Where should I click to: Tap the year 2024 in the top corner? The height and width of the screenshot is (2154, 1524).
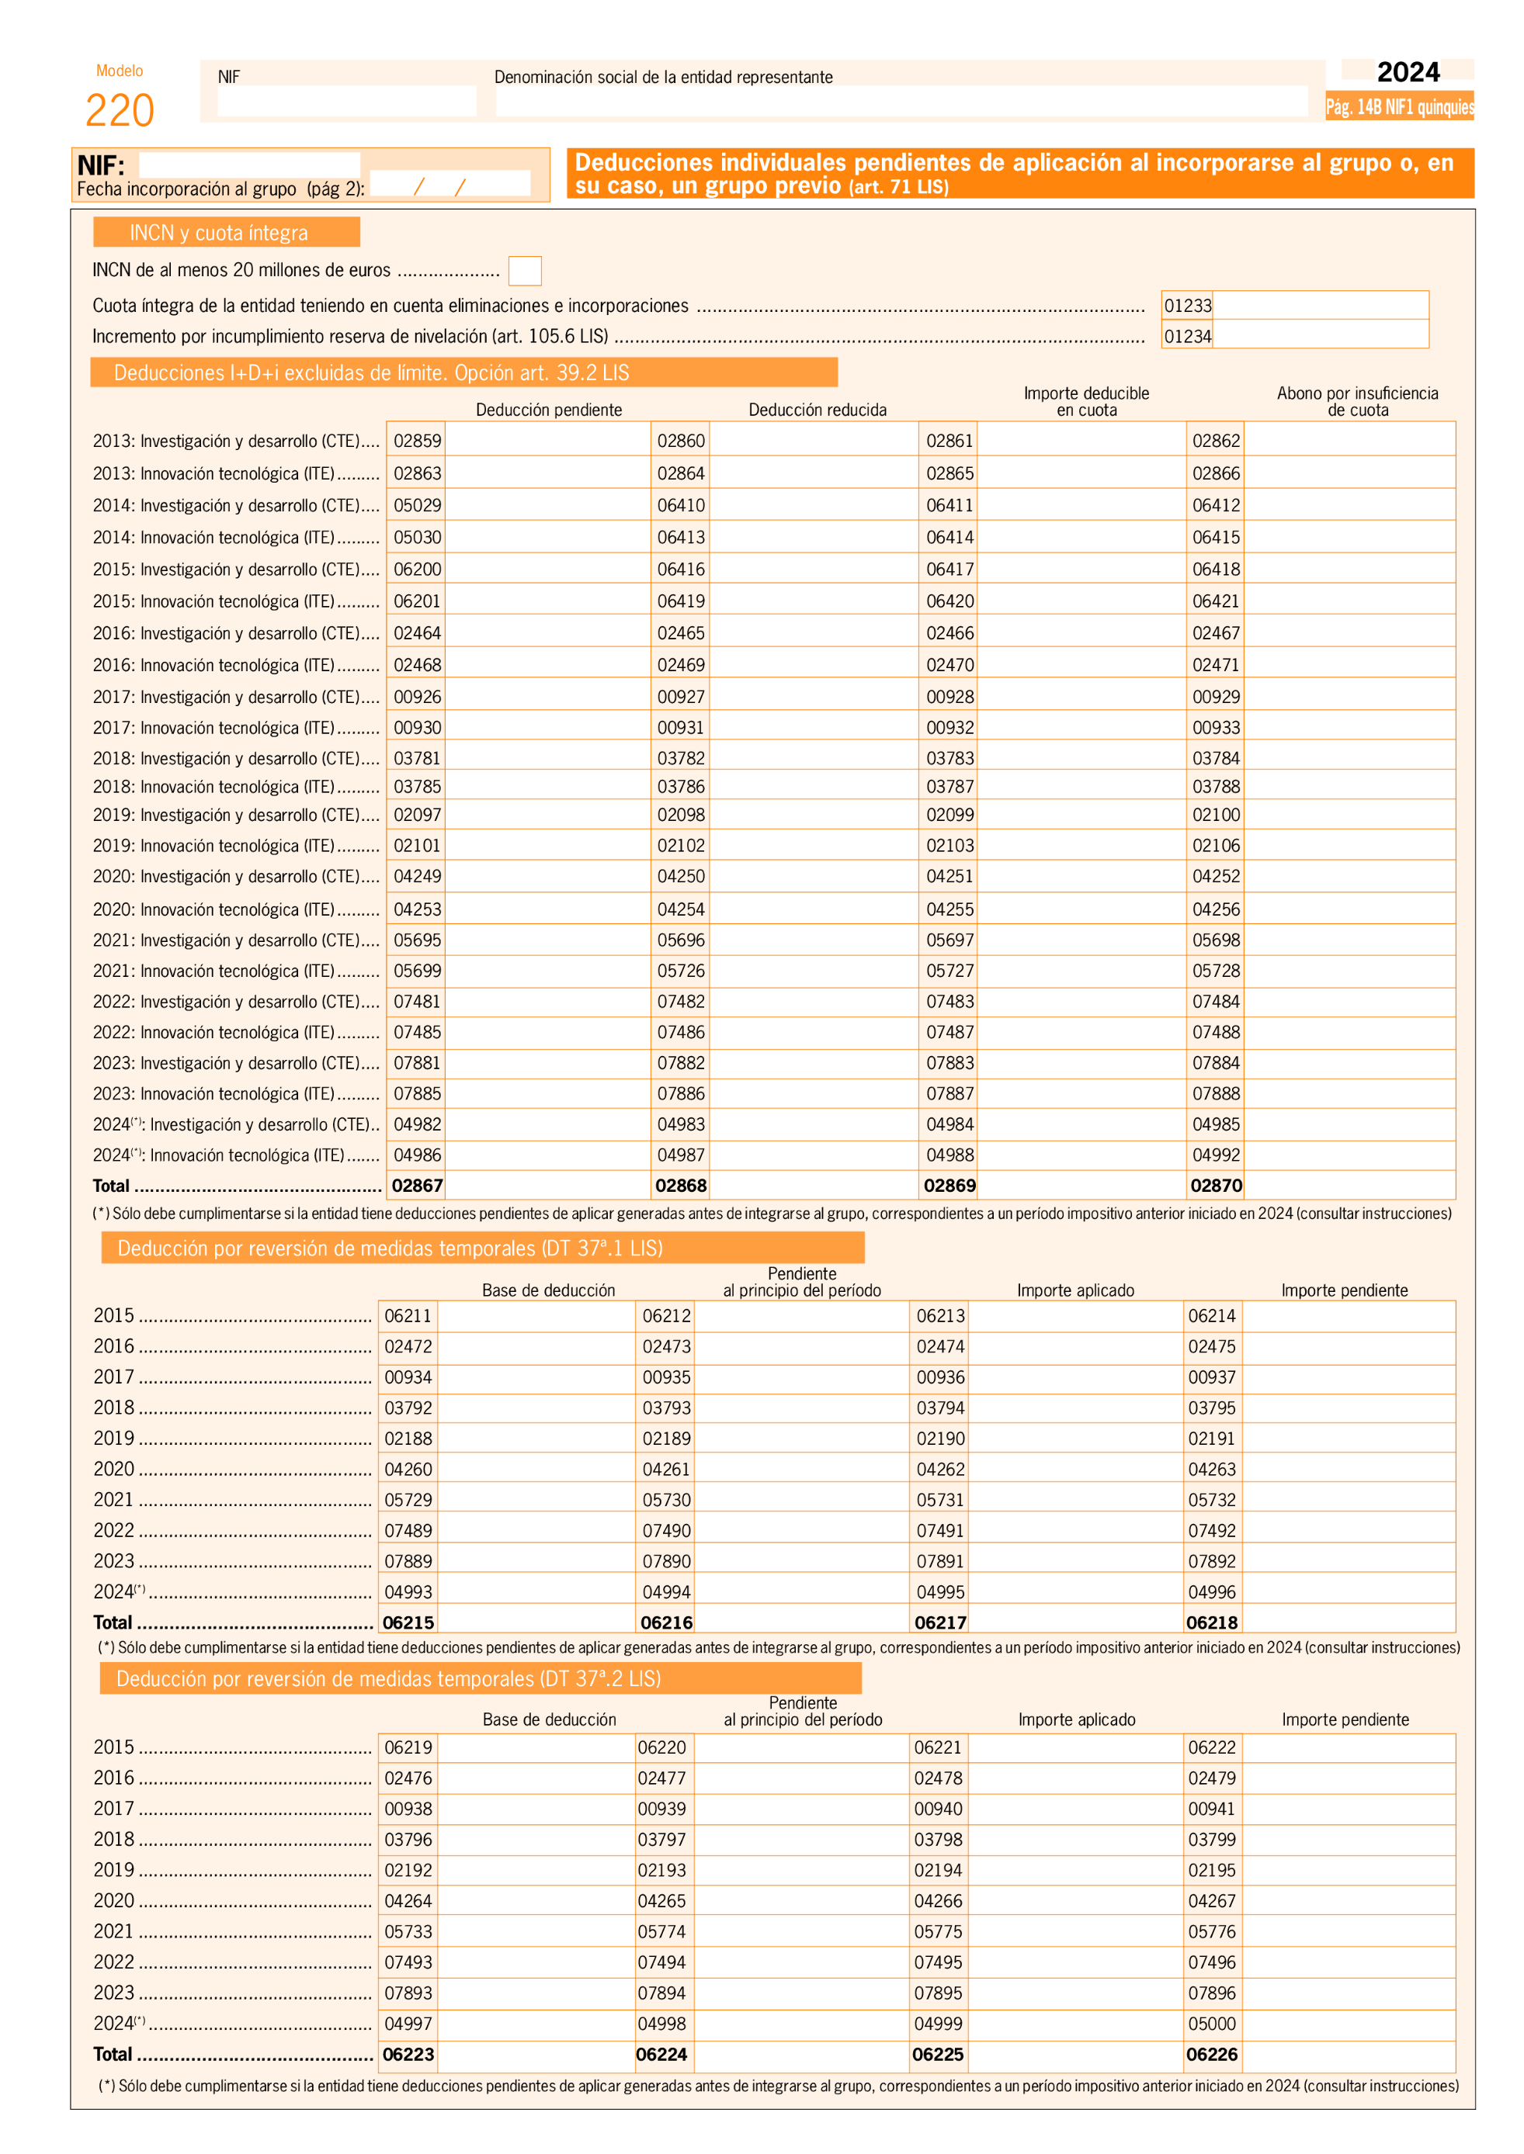(1408, 72)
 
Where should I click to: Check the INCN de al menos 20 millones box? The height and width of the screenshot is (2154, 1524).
(525, 271)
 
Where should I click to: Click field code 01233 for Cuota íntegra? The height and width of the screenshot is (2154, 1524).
(1188, 306)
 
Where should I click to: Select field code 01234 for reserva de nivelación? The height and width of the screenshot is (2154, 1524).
(1188, 336)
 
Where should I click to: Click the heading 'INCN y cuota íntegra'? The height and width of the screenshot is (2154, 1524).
(219, 233)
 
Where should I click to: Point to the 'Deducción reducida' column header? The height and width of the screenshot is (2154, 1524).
(818, 410)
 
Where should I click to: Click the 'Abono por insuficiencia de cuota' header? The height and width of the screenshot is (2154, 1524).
(1357, 401)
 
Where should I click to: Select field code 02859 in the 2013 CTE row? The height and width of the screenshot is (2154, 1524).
(417, 441)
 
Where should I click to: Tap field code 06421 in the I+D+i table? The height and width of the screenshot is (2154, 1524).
(1217, 601)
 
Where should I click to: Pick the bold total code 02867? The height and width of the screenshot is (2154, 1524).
(417, 1186)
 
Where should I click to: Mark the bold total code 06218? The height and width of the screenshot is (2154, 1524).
(1211, 1623)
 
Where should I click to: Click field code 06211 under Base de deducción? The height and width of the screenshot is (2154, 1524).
(408, 1316)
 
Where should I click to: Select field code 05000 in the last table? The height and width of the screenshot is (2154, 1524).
(1211, 2024)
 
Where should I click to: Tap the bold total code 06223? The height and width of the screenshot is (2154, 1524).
(408, 2055)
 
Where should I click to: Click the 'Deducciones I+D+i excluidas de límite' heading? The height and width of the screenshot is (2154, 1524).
(372, 373)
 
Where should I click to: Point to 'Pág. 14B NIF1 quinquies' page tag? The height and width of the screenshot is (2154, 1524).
(1399, 107)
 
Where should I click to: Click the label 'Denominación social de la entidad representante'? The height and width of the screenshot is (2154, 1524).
(664, 77)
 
